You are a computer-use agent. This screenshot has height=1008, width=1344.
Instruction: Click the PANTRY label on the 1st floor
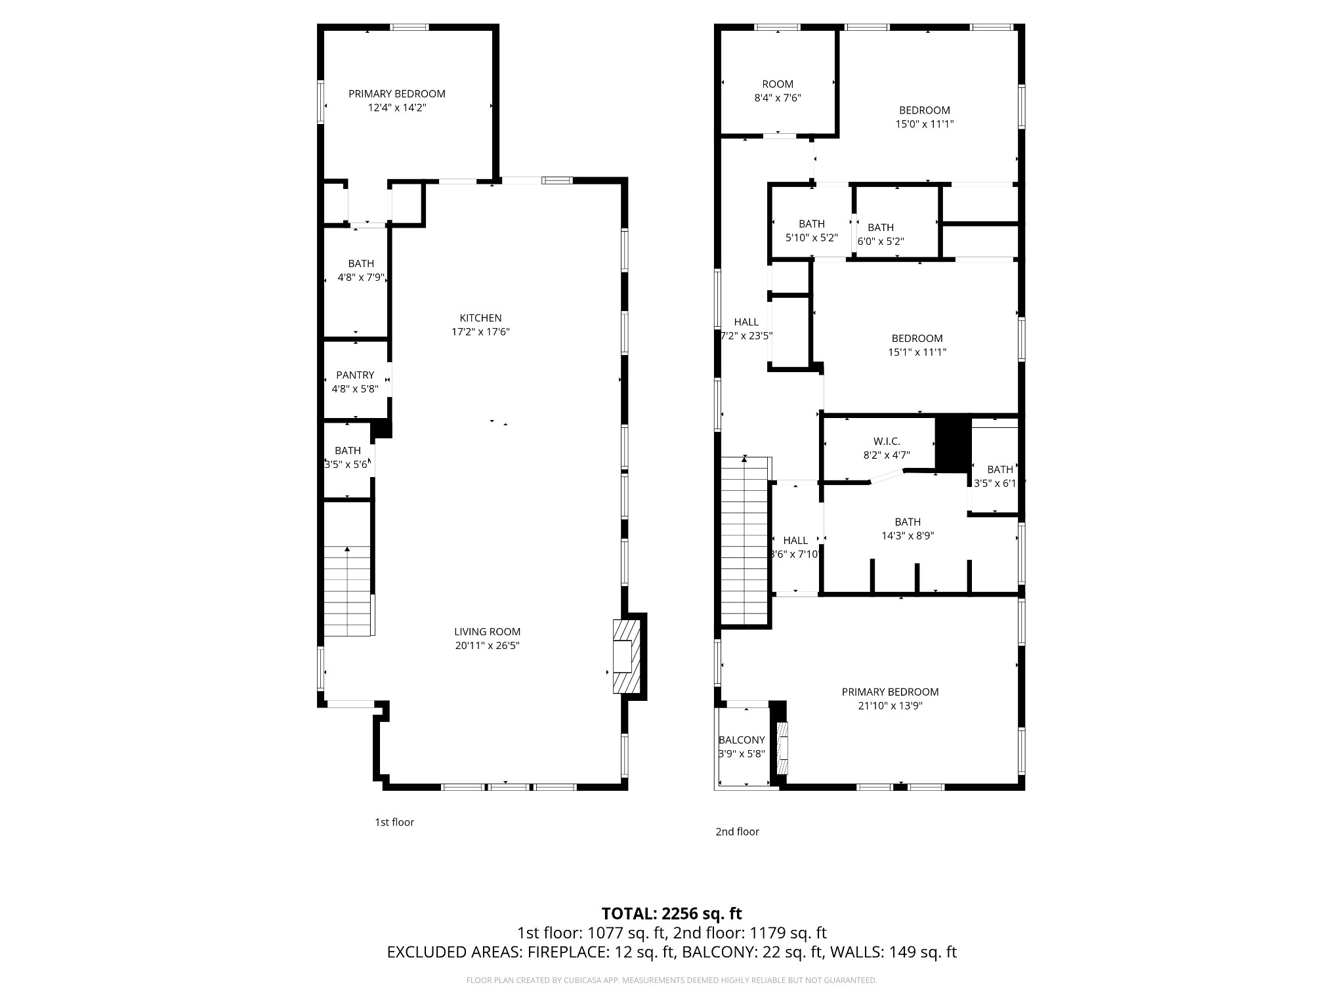355,375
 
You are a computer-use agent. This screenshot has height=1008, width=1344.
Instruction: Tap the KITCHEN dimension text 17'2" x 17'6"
480,332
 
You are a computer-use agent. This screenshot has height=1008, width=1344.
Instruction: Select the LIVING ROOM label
487,632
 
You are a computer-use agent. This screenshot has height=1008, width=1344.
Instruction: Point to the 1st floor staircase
347,591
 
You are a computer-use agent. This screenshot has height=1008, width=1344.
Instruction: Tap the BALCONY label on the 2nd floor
742,740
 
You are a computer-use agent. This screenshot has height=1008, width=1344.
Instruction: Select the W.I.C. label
887,442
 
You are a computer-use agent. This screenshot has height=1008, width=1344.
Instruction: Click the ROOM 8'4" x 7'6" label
778,84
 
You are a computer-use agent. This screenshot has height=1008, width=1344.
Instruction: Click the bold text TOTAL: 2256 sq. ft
671,913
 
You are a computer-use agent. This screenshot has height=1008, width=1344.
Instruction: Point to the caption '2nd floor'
737,831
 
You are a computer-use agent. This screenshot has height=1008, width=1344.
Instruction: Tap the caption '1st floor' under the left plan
394,822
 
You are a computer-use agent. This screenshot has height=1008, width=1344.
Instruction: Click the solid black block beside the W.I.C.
952,444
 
